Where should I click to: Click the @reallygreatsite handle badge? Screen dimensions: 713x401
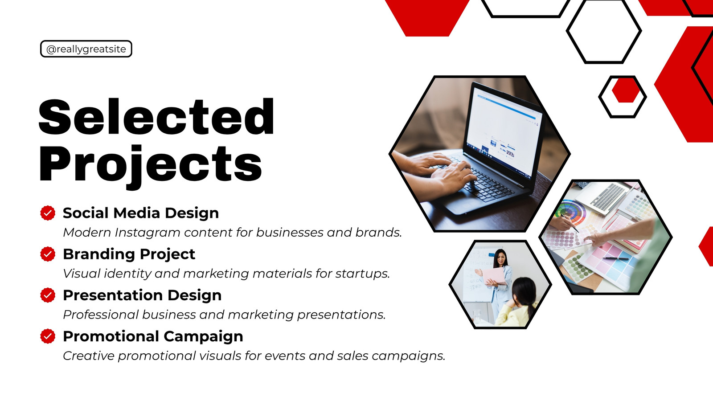(x=86, y=49)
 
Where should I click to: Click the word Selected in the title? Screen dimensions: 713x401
(x=156, y=117)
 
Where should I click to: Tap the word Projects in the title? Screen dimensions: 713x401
(x=150, y=165)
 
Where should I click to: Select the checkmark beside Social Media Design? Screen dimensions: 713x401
(x=48, y=213)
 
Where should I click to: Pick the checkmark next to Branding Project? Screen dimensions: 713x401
(x=48, y=254)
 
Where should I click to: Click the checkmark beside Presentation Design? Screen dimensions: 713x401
(x=48, y=295)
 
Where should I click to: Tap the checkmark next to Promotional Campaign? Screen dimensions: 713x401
(x=48, y=336)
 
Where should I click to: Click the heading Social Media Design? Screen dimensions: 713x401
(x=141, y=213)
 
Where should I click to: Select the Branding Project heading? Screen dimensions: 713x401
(x=129, y=254)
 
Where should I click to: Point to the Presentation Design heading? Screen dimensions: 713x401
(x=142, y=295)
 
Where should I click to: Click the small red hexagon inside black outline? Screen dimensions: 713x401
(x=626, y=90)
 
